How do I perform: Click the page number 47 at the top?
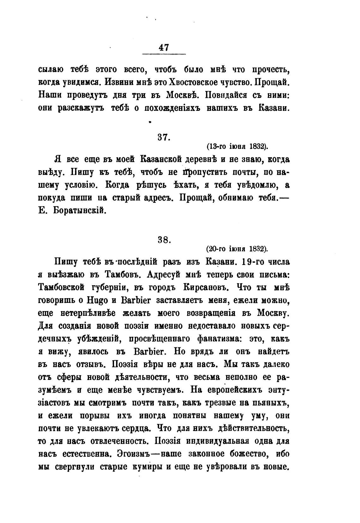(164, 47)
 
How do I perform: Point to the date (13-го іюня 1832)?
(237, 147)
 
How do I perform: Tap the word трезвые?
(225, 403)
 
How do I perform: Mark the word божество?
(248, 454)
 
